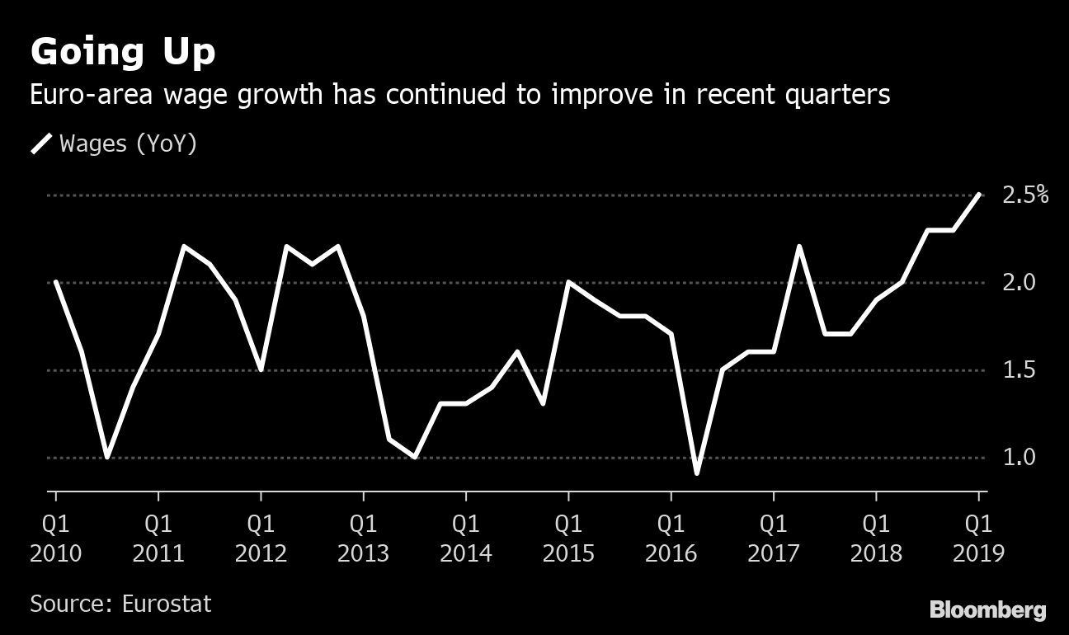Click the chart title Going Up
coord(123,52)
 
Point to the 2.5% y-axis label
coord(1025,195)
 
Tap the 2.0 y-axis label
coord(1019,283)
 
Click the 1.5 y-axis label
coord(1019,370)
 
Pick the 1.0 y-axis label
coord(1019,458)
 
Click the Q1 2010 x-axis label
coord(56,538)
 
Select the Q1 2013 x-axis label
coord(364,538)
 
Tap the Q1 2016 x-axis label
coord(671,538)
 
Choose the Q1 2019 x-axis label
coord(979,538)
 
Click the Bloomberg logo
coord(987,610)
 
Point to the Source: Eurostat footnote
coord(120,604)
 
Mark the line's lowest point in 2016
coord(697,473)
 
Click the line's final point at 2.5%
coord(979,195)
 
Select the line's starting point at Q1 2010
coord(56,283)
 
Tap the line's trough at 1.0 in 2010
coord(107,457)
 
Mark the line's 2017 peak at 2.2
coord(799,247)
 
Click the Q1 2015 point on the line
coord(568,283)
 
